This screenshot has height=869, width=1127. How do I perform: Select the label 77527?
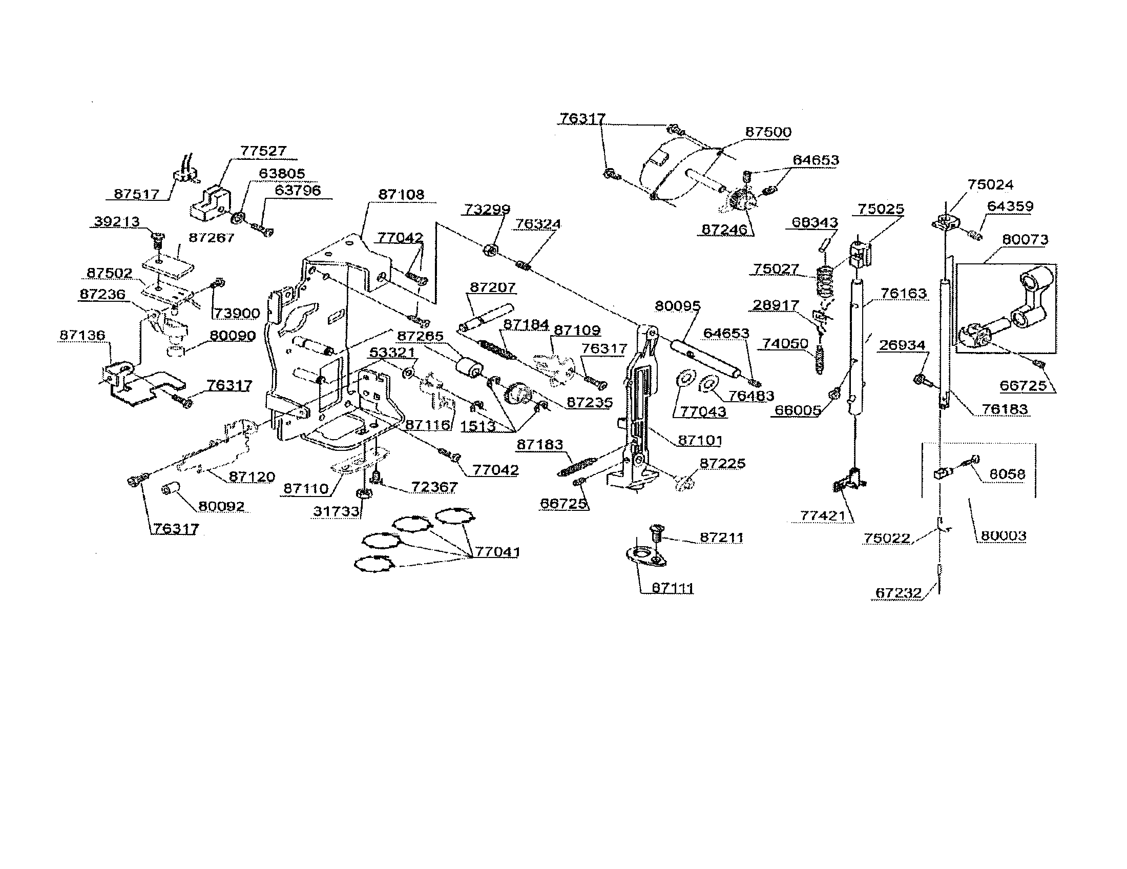pyautogui.click(x=263, y=151)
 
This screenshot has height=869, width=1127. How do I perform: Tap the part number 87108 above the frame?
pyautogui.click(x=401, y=195)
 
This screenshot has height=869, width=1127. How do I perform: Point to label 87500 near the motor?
pyautogui.click(x=768, y=132)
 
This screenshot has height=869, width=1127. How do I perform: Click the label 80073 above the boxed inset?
pyautogui.click(x=1025, y=239)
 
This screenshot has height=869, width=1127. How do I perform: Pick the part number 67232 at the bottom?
pyautogui.click(x=899, y=593)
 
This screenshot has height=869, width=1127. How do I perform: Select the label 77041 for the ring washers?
pyautogui.click(x=497, y=552)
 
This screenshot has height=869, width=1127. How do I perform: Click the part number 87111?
pyautogui.click(x=673, y=588)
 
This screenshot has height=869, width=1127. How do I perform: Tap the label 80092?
pyautogui.click(x=221, y=506)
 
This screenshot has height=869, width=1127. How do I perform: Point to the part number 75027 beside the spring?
pyautogui.click(x=776, y=269)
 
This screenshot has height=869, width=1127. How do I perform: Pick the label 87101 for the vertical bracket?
pyautogui.click(x=700, y=440)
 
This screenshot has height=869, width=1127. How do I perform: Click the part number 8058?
pyautogui.click(x=1007, y=474)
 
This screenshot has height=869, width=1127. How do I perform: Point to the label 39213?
pyautogui.click(x=117, y=221)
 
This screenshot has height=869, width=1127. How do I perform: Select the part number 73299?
pyautogui.click(x=487, y=209)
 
